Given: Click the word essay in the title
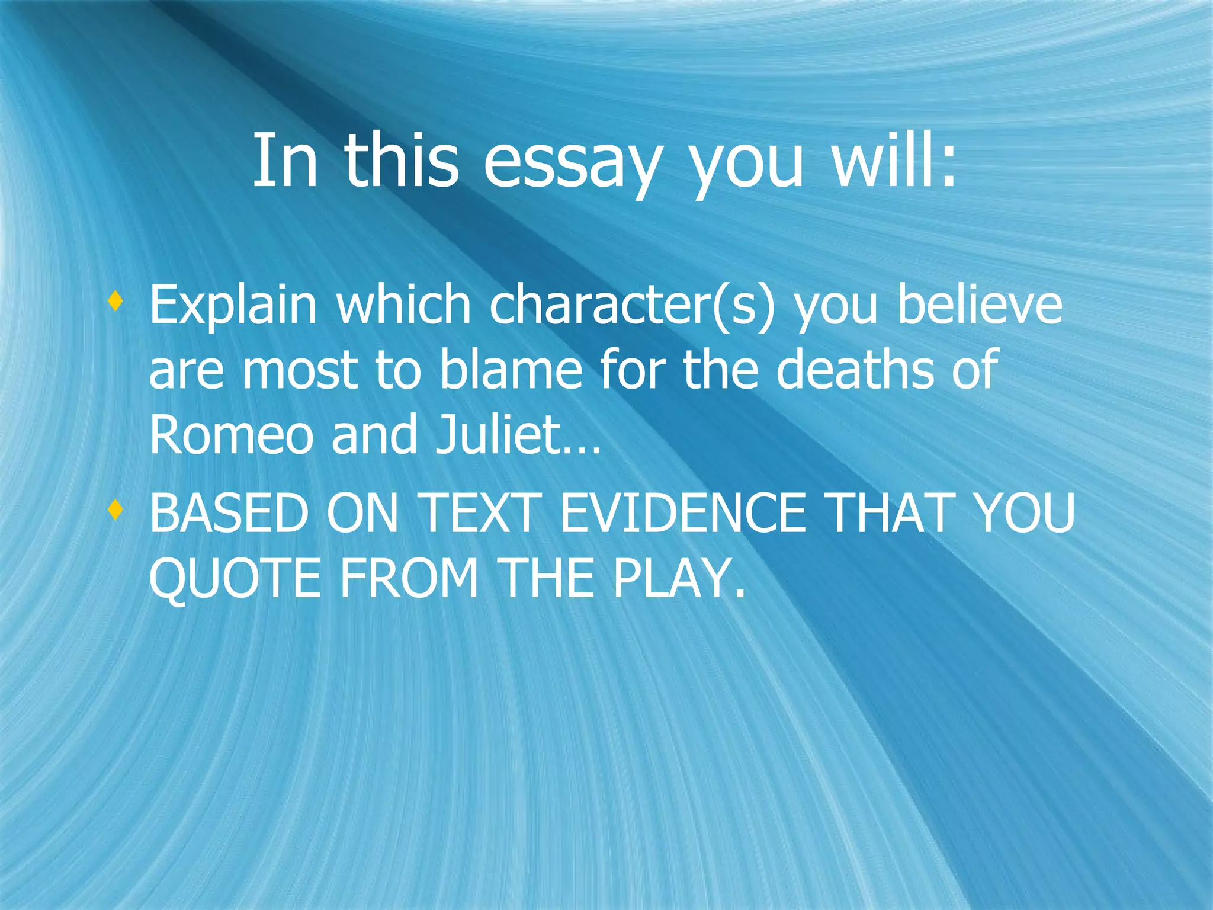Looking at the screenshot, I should coord(571,161).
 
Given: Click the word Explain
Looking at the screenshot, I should coord(233,306).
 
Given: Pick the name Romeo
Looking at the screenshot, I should coord(231,435).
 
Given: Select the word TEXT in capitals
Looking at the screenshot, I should coord(480,513).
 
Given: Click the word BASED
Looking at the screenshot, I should coord(229,513).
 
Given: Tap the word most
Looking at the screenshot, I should coord(300,370).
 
